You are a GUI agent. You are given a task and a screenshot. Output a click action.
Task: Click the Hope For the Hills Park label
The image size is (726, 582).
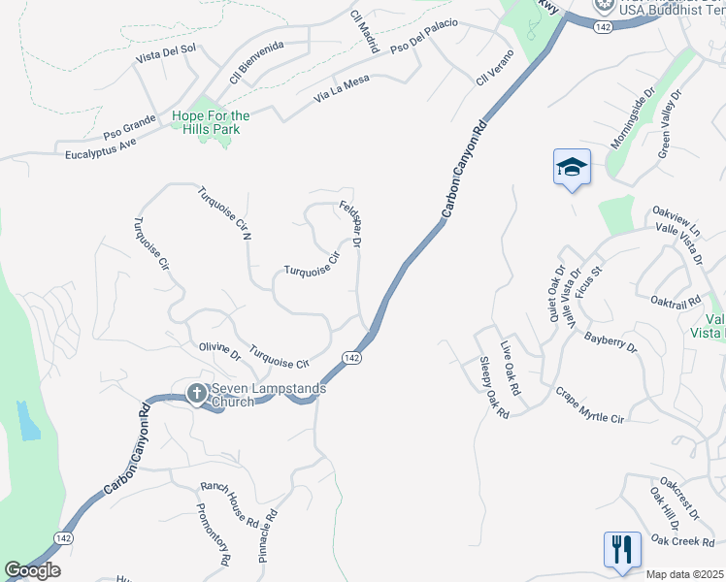pyautogui.click(x=211, y=123)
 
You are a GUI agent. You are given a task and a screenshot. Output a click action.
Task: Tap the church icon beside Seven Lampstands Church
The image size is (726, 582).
pyautogui.click(x=196, y=394)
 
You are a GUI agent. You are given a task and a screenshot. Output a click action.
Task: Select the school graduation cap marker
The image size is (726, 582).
pyautogui.click(x=572, y=168)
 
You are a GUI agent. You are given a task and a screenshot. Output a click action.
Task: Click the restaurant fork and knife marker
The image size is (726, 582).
pyautogui.click(x=621, y=550)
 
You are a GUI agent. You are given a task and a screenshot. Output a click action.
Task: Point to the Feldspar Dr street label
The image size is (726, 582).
pyautogui.click(x=350, y=225)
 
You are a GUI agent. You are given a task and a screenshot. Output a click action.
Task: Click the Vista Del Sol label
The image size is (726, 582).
pyautogui.click(x=166, y=56)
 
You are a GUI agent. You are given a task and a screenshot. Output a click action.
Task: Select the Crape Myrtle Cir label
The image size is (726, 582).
pyautogui.click(x=588, y=405)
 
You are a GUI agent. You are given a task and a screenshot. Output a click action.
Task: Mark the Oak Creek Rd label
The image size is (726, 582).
pyautogui.click(x=683, y=540)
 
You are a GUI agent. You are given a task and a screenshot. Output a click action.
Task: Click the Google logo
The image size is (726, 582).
pyautogui.click(x=32, y=569)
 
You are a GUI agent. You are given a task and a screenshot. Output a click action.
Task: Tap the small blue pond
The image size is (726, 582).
pyautogui.click(x=28, y=420)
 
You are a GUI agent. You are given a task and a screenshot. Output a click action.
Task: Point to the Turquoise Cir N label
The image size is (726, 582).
pyautogui.click(x=225, y=213)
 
